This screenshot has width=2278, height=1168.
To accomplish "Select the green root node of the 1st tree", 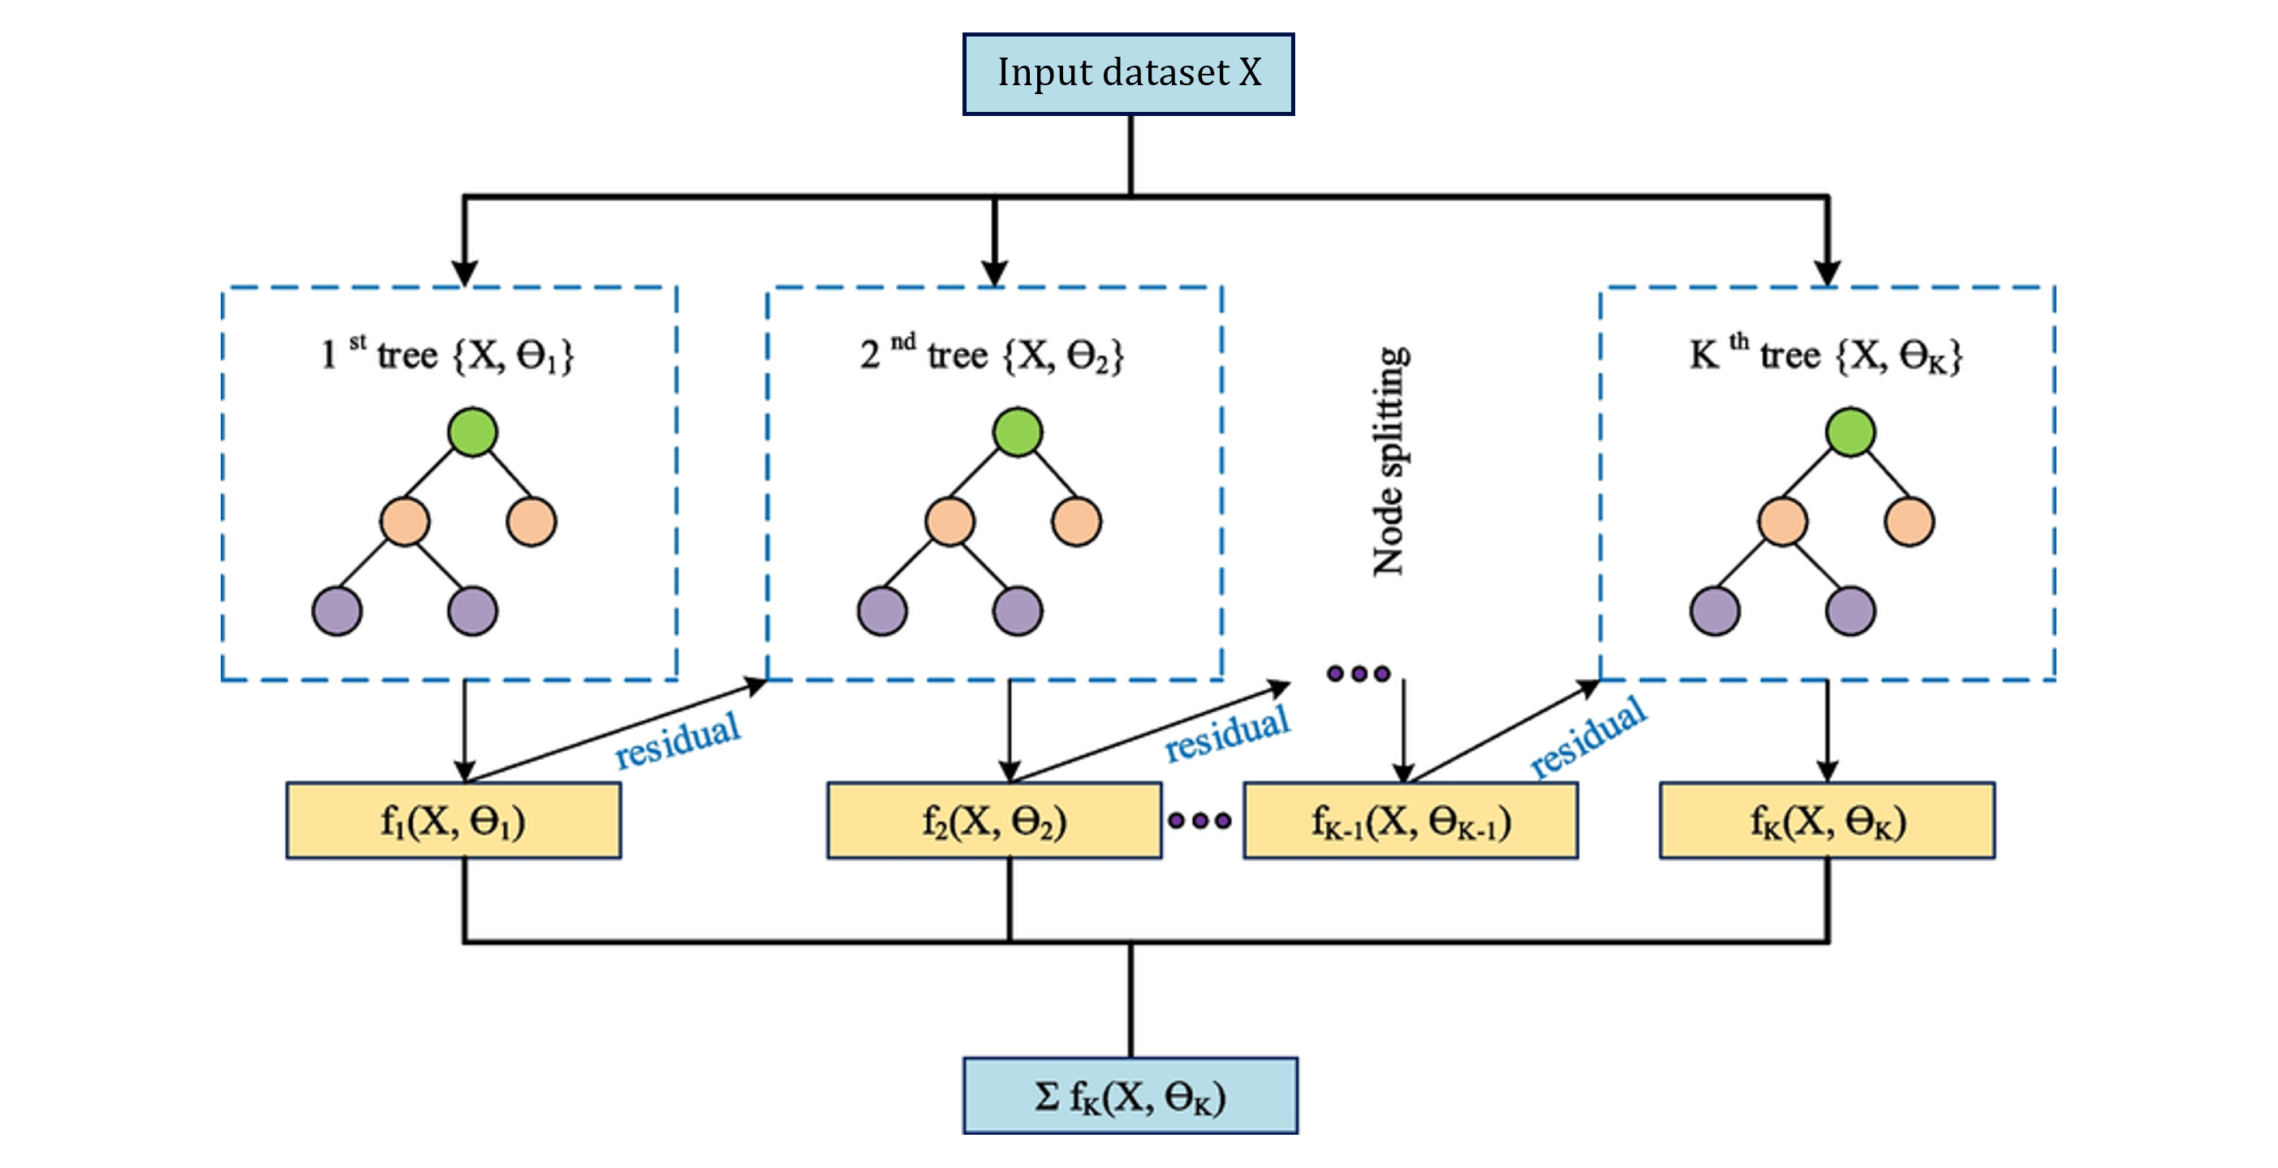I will click(x=472, y=432).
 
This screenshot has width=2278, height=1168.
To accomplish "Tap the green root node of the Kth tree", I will click(x=1850, y=432).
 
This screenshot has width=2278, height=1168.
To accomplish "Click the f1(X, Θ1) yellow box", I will click(x=453, y=821).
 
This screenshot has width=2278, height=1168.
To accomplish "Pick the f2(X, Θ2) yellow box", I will click(x=994, y=821).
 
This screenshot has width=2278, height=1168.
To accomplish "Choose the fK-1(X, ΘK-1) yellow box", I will click(x=1410, y=821).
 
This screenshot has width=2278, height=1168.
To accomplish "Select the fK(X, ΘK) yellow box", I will click(x=1826, y=821).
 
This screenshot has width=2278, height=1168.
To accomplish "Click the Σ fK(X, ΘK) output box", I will click(x=1130, y=1096).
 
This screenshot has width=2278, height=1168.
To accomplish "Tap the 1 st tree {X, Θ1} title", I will click(x=447, y=354).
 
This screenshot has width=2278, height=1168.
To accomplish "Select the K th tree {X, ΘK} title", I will click(x=1826, y=354).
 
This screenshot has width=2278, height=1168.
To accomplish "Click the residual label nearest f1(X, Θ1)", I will click(x=678, y=740).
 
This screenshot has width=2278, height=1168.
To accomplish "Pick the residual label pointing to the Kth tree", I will click(x=1588, y=736).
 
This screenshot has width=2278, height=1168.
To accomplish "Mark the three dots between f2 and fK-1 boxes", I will click(x=1199, y=821).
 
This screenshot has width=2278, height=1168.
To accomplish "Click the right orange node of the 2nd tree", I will click(x=1076, y=522).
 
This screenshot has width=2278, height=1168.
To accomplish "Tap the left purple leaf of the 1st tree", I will click(x=337, y=611).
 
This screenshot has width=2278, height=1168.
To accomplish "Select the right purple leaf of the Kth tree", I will click(x=1850, y=611).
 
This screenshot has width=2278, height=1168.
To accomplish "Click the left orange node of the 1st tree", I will click(x=405, y=522).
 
